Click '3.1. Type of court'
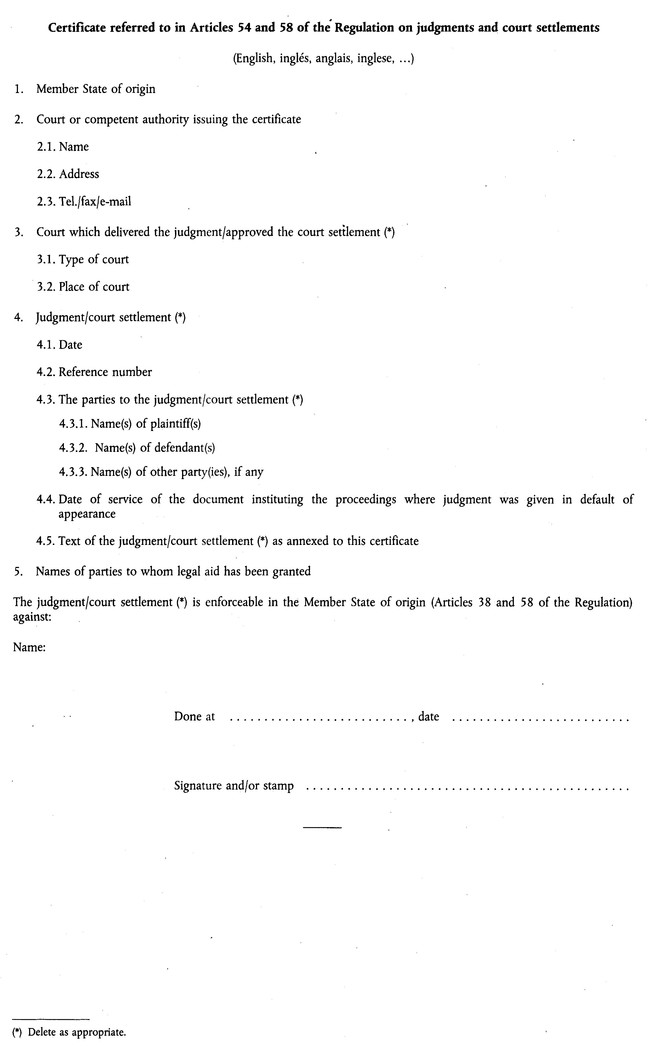pos(83,259)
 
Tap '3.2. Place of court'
pos(83,287)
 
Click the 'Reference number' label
pos(105,372)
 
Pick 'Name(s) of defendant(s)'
pos(155,448)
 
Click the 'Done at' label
pos(194,716)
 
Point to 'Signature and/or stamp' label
pos(234,786)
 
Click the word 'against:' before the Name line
pos(32,617)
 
